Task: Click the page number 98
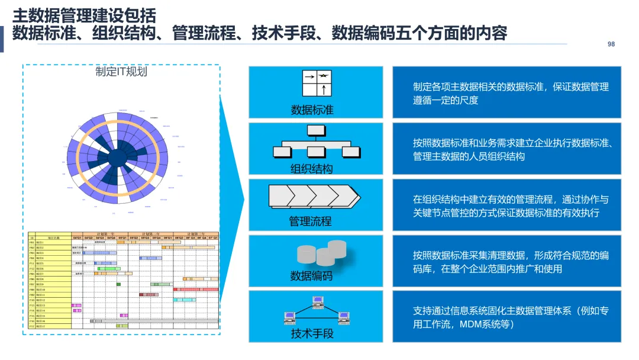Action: point(611,44)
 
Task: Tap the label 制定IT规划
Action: point(121,72)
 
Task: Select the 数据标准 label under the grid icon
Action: point(312,110)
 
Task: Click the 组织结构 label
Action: point(312,168)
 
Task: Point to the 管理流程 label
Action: point(310,221)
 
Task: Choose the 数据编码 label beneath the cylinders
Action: point(311,276)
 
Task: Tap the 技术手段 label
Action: point(312,333)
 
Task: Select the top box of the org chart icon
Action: point(316,130)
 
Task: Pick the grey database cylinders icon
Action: point(322,253)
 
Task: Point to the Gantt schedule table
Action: point(123,280)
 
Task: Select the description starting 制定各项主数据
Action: point(510,93)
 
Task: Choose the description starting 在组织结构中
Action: point(510,205)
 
